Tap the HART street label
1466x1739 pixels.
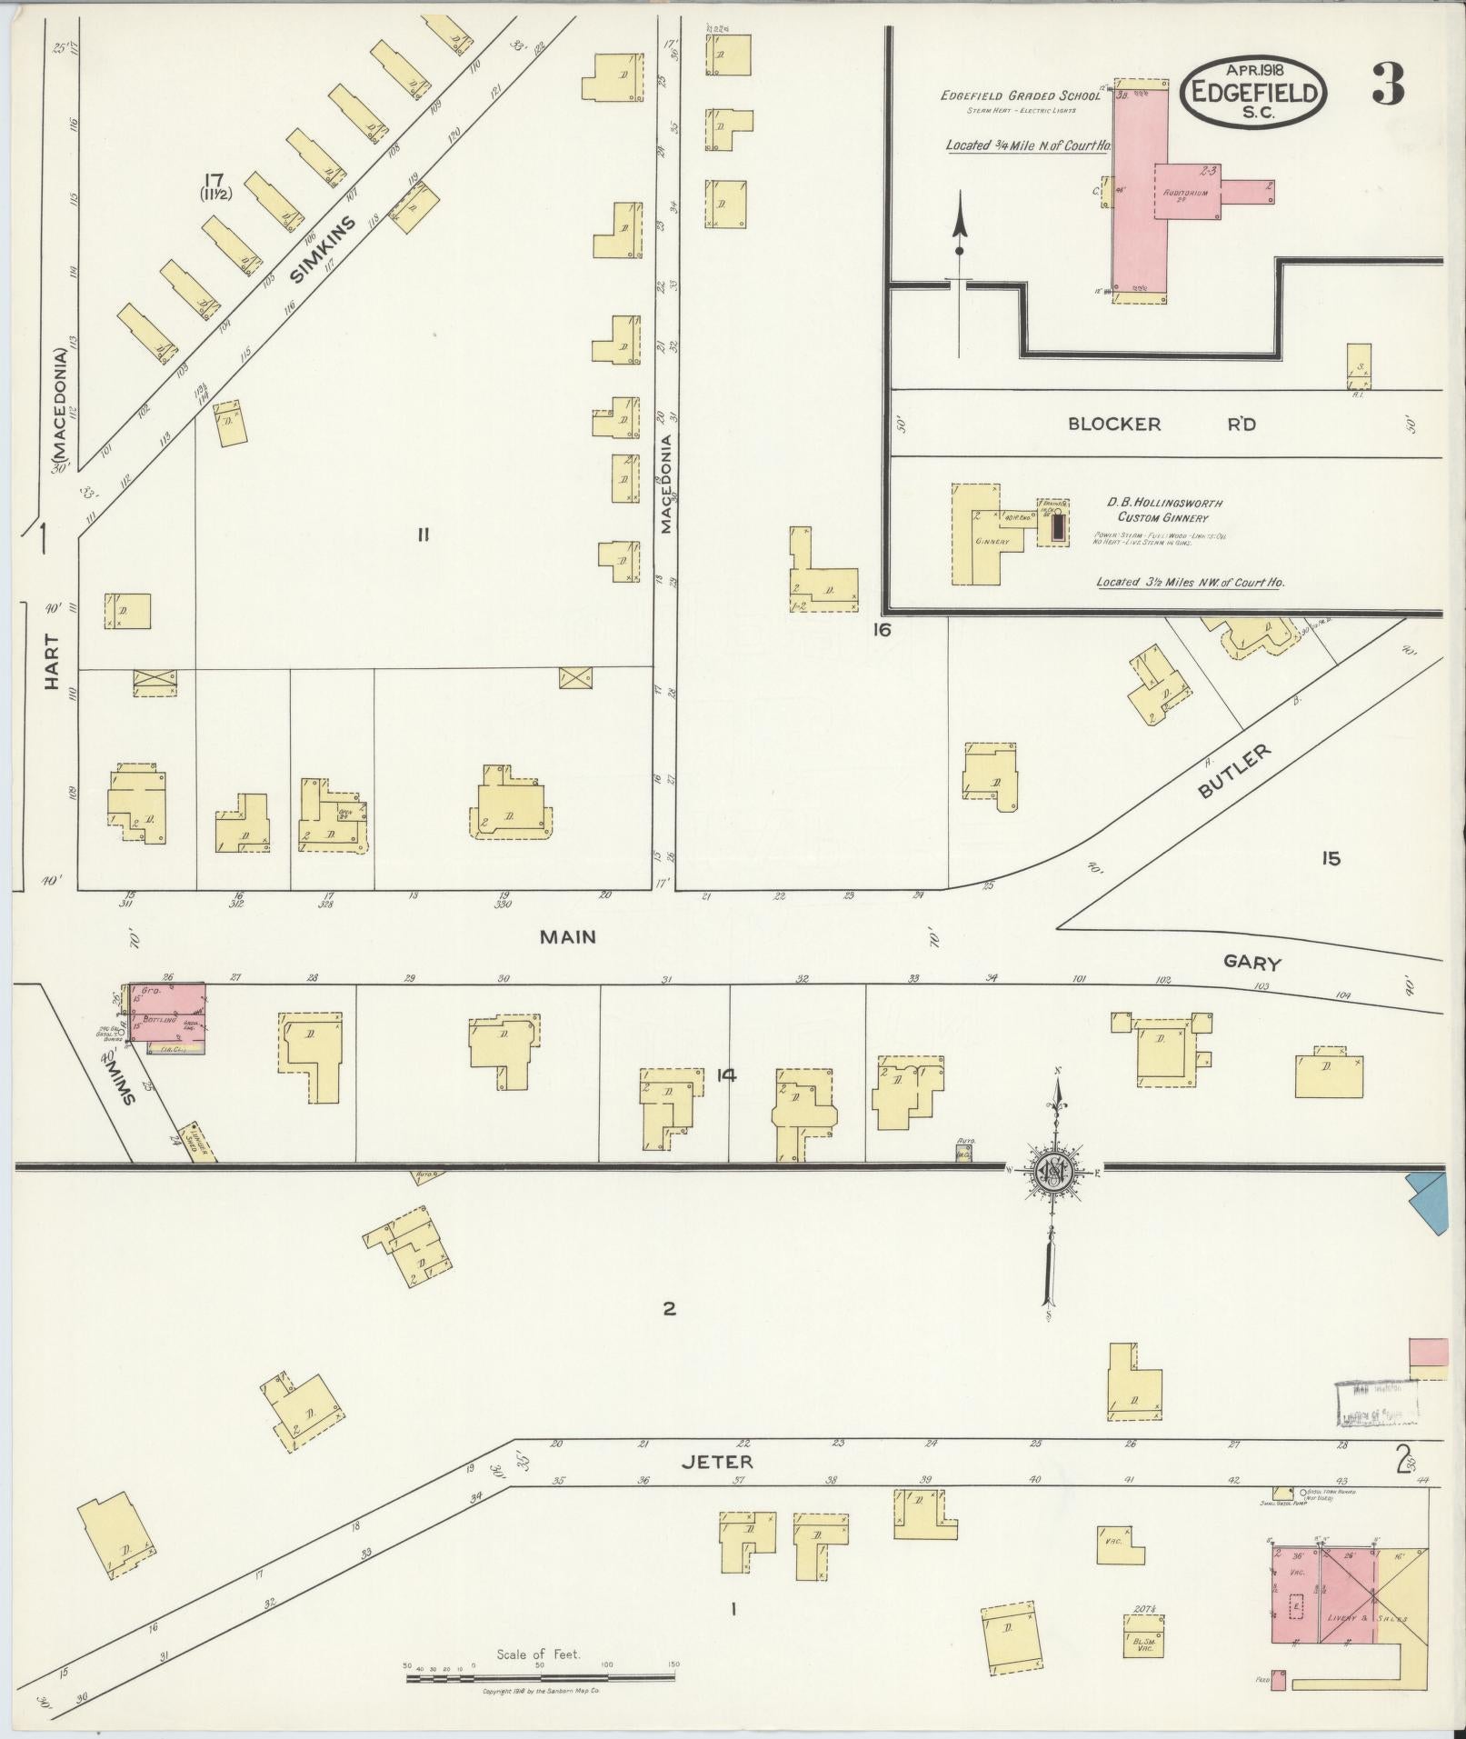tap(51, 662)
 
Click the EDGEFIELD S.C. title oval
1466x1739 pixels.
tap(1254, 92)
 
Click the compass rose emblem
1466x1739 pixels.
tap(1054, 1172)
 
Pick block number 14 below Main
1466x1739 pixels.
tap(725, 1076)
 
